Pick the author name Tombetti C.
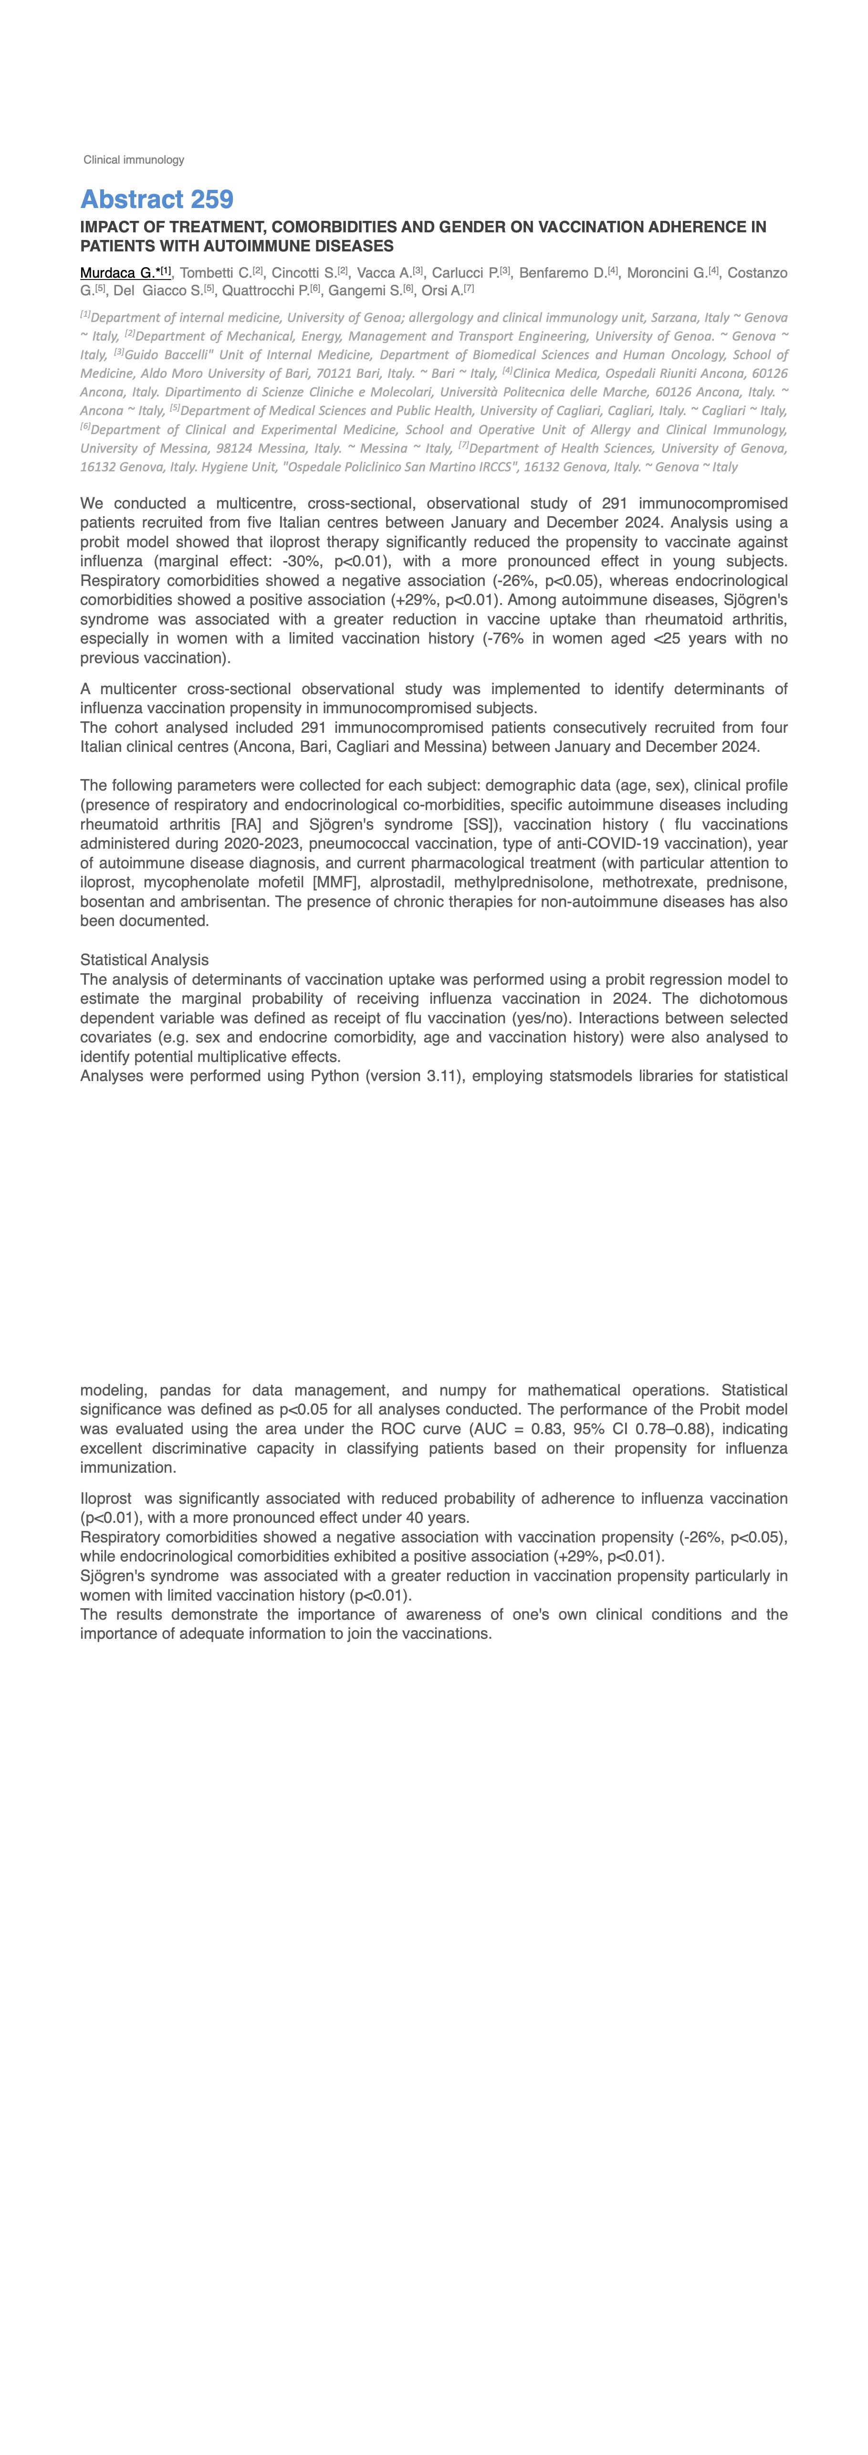click(x=215, y=273)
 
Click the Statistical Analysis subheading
click(x=144, y=960)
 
